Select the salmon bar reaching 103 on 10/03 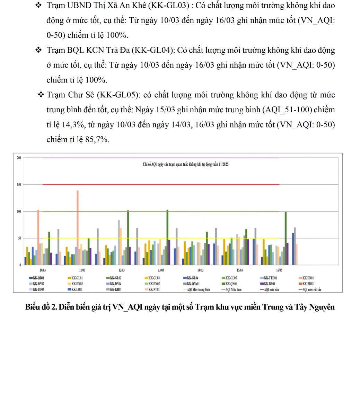coord(38,237)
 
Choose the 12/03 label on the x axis coord(122,270)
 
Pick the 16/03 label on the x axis coord(279,270)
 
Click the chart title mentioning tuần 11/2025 coord(186,164)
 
